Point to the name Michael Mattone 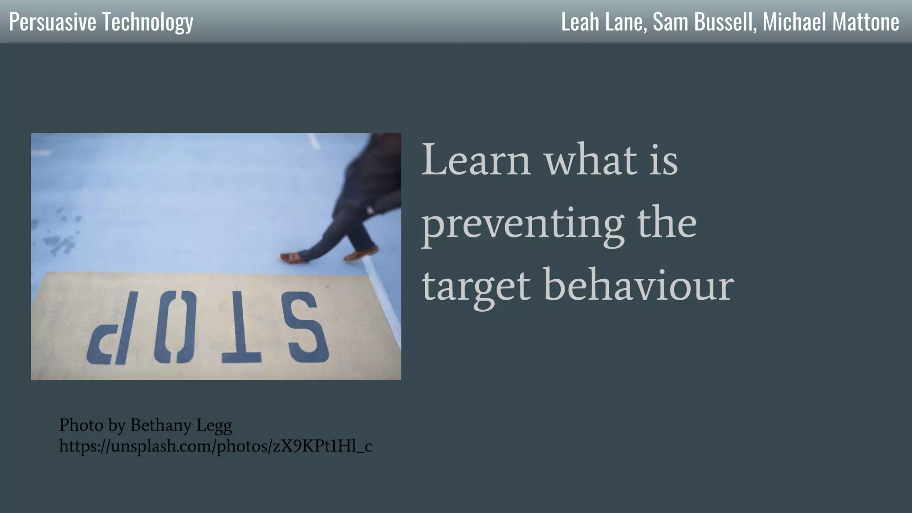coord(831,22)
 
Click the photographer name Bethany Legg coord(181,425)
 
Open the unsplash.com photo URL coord(216,446)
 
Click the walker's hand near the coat coord(370,209)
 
